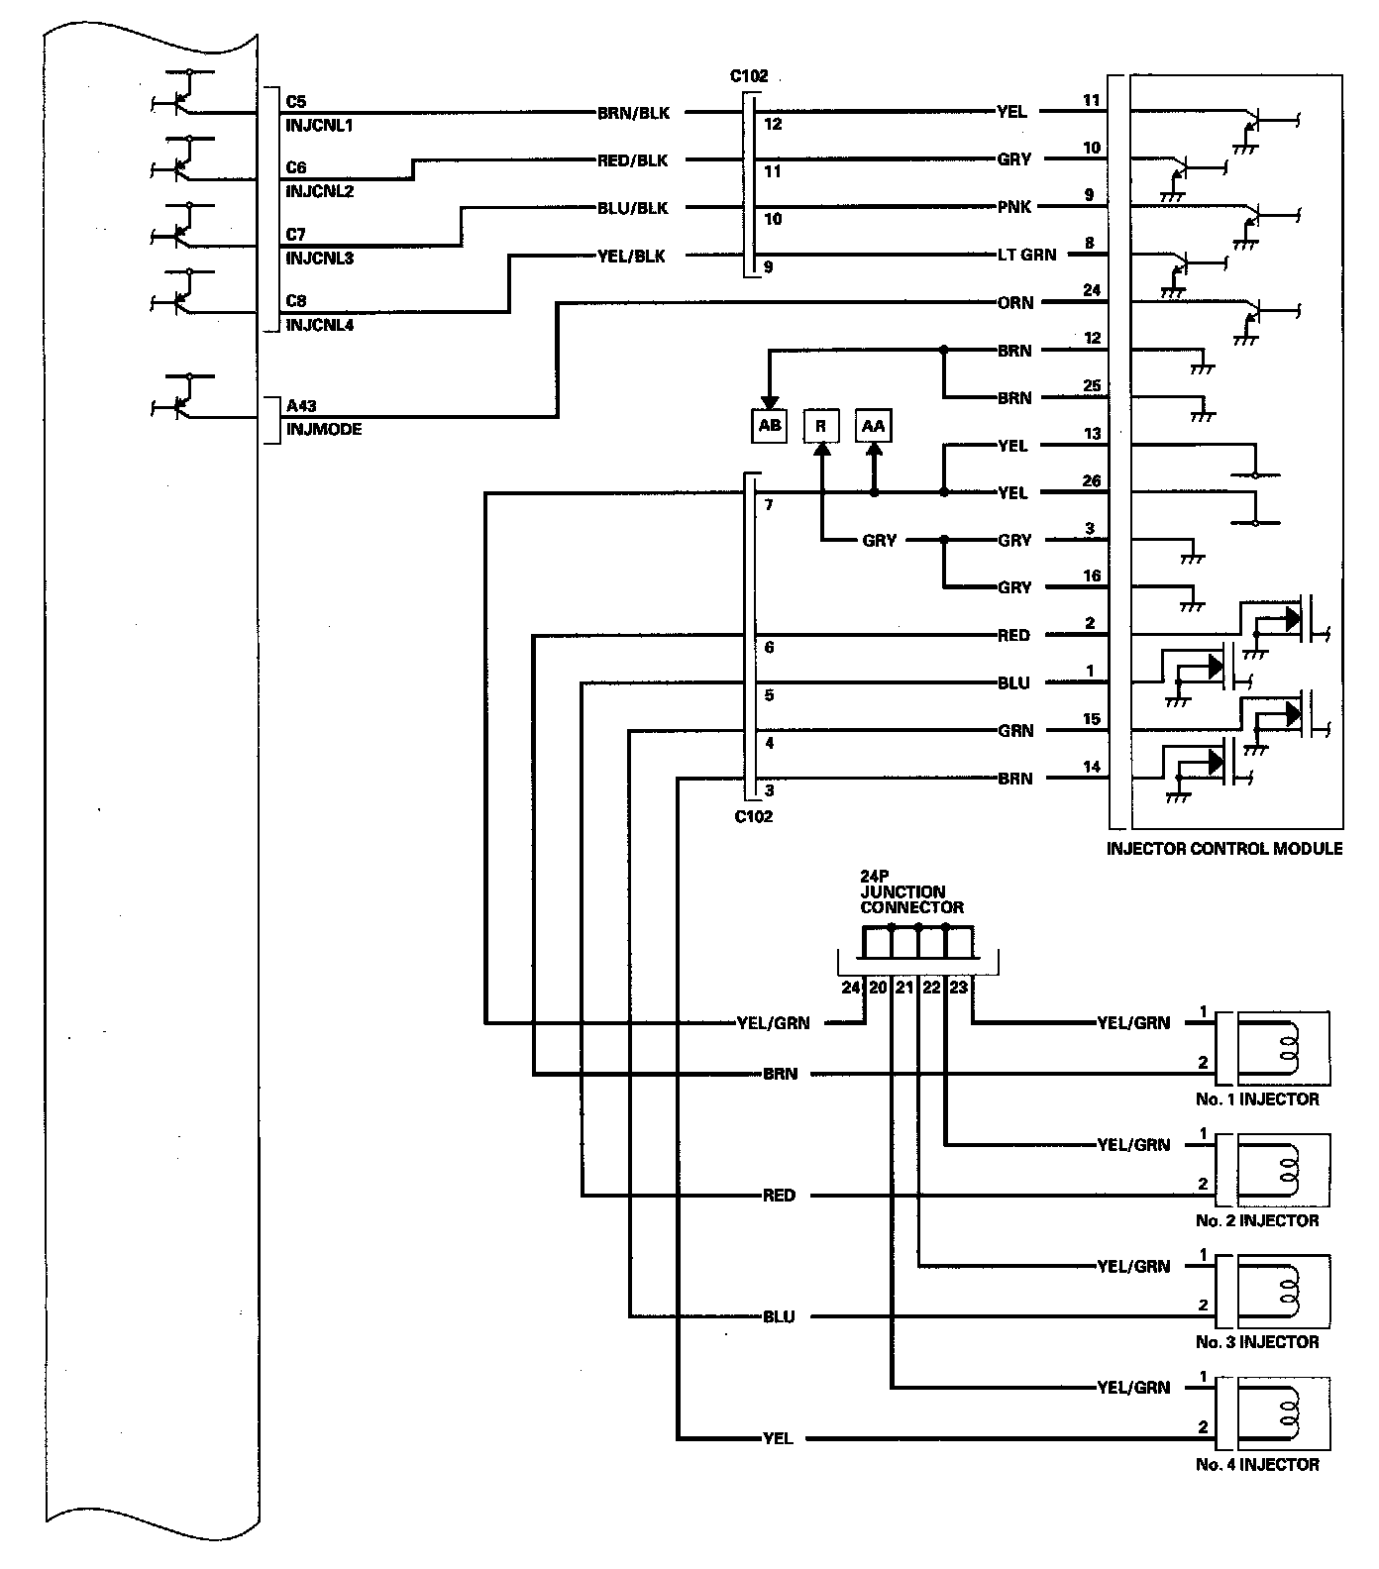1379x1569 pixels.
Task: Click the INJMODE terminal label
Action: (x=324, y=430)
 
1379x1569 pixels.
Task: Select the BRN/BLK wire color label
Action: (x=633, y=113)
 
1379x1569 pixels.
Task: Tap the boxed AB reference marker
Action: (x=770, y=426)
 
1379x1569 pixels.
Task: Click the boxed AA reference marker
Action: (x=873, y=426)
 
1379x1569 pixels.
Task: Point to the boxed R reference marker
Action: (x=820, y=426)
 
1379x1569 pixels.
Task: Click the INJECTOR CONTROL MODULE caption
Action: (x=1224, y=849)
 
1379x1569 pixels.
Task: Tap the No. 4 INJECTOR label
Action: (x=1257, y=1464)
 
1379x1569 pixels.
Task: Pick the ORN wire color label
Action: (x=1014, y=303)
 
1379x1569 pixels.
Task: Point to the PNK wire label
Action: (x=1014, y=207)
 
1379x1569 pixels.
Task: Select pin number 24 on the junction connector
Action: (x=851, y=988)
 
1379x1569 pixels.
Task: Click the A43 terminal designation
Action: (x=301, y=406)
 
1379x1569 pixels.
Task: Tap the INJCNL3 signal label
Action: (x=319, y=259)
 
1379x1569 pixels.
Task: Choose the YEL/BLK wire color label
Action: (x=633, y=257)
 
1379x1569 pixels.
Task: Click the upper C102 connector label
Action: (x=749, y=76)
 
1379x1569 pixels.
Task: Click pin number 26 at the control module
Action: (x=1092, y=481)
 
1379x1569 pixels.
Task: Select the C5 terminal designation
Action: (x=296, y=102)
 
